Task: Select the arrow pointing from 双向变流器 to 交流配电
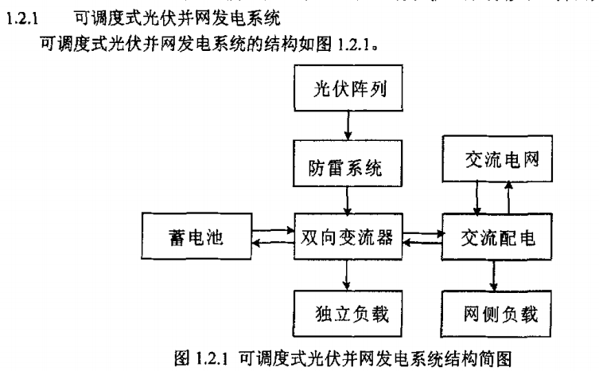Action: [422, 232]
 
